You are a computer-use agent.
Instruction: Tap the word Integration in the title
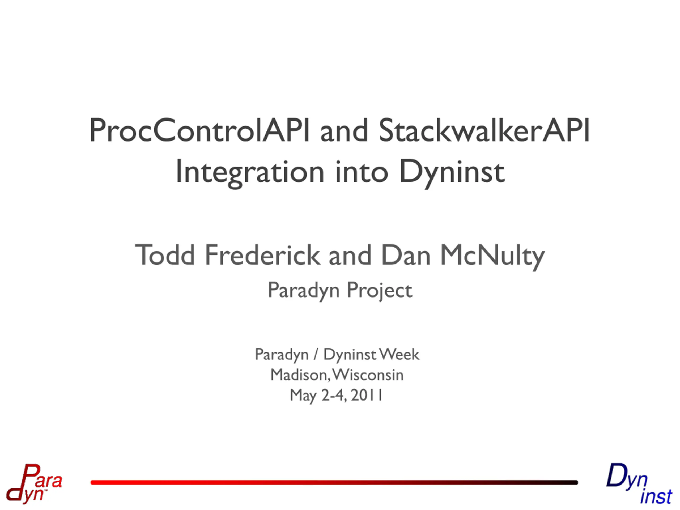(x=250, y=172)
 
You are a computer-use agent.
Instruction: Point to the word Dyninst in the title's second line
(x=452, y=172)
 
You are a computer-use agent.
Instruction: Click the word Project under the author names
(x=379, y=291)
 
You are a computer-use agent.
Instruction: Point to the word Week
(x=399, y=354)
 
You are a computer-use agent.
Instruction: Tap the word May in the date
(x=303, y=396)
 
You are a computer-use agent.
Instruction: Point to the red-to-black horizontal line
(x=334, y=482)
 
